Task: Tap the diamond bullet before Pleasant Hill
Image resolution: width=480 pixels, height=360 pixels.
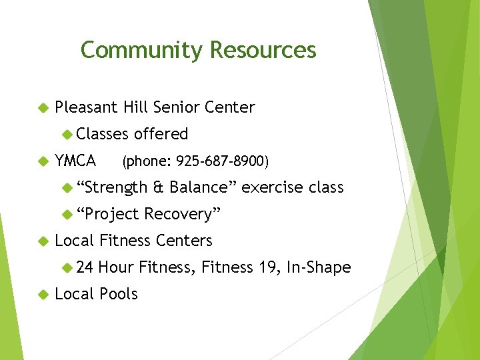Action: point(43,107)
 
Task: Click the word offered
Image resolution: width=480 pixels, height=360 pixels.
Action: point(161,134)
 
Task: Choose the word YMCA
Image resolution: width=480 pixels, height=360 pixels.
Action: point(75,161)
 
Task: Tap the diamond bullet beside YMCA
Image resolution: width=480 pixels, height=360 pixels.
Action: point(43,161)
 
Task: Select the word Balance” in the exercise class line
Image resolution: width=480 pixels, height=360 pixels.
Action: point(203,187)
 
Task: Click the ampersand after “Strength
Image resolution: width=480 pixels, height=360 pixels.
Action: point(158,187)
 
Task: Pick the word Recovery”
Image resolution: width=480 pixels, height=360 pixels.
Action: point(182,214)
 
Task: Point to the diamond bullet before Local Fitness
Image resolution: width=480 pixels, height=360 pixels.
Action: point(43,241)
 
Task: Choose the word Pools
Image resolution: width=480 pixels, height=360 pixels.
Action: point(118,294)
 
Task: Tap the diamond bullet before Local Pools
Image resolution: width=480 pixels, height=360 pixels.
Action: point(43,294)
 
